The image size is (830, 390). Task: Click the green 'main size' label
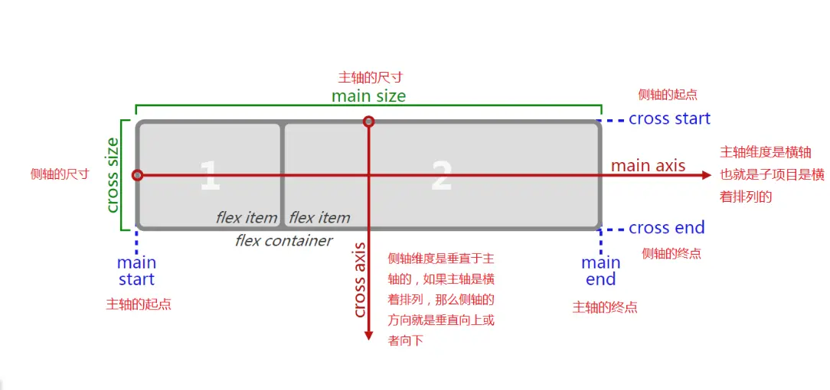[368, 96]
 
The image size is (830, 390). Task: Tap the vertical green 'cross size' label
[112, 175]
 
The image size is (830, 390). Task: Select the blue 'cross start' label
[669, 119]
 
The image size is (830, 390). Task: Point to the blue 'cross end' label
[666, 228]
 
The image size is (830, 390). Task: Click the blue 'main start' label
[136, 271]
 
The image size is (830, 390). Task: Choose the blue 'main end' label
[600, 271]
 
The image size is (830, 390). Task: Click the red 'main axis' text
[648, 165]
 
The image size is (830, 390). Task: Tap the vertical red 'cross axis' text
[359, 279]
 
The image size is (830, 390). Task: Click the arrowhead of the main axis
[706, 175]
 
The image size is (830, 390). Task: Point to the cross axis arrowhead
[368, 335]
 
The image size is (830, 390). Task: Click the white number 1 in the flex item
[209, 176]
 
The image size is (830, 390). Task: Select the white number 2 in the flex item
[441, 176]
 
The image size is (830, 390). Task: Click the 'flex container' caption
[283, 241]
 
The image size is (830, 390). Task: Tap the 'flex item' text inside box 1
[246, 218]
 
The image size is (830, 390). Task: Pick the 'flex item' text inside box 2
[319, 218]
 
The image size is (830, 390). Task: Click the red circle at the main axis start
[137, 175]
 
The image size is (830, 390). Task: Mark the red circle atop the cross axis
[368, 122]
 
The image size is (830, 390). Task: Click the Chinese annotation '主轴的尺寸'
[371, 77]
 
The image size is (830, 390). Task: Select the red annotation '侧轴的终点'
[671, 253]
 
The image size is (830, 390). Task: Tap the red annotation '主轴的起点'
[138, 304]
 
